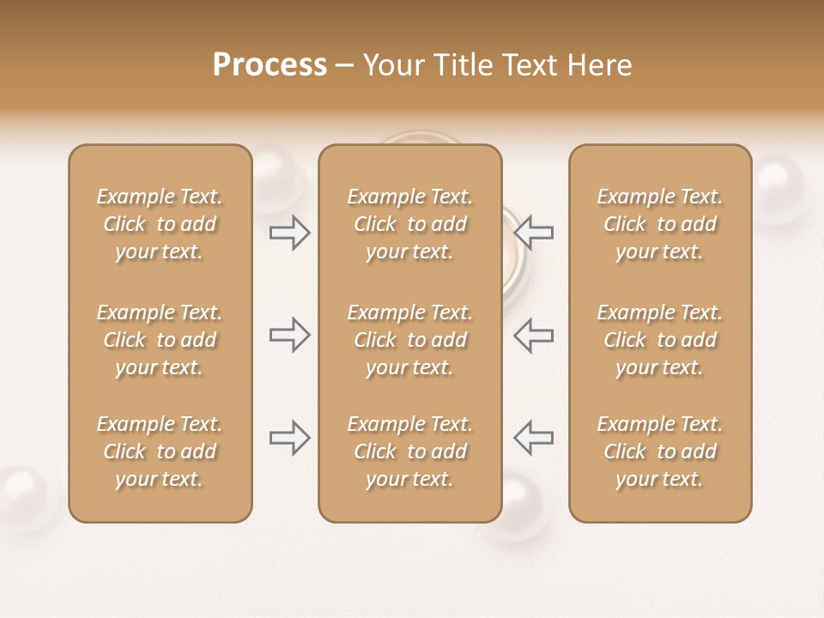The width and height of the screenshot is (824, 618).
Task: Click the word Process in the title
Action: tap(270, 65)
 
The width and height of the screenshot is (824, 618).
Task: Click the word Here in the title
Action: tap(600, 65)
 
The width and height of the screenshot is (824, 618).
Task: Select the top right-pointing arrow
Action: tap(290, 232)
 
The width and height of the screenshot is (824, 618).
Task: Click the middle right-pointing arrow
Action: tap(290, 334)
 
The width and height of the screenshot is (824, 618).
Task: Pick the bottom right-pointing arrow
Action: tap(290, 438)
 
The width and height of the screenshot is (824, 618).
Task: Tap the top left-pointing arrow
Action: tap(534, 232)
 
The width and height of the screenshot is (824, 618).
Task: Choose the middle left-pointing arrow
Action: tap(534, 334)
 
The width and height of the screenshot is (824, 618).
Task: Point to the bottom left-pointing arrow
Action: tap(534, 438)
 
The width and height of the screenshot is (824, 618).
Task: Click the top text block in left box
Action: tap(160, 224)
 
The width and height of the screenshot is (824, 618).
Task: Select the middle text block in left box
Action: tap(160, 340)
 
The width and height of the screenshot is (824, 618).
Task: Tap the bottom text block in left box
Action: tap(160, 451)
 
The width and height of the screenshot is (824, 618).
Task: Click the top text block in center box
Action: tap(409, 224)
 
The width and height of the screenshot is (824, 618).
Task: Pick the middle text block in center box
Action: tap(409, 340)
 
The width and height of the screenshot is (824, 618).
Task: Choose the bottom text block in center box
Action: tap(409, 451)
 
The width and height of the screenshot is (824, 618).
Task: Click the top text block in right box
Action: tap(659, 224)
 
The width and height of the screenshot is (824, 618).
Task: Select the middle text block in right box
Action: tap(659, 340)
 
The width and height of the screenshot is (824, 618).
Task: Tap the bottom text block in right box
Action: tap(659, 451)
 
